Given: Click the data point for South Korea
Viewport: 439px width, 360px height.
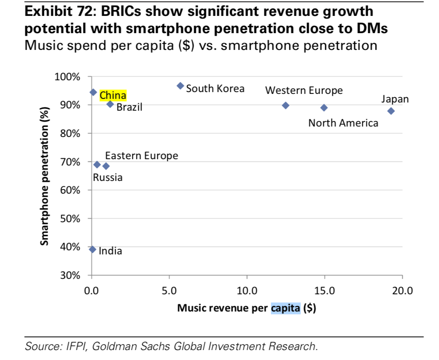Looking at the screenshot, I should (x=180, y=86).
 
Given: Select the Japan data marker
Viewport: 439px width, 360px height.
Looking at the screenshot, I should (x=391, y=111).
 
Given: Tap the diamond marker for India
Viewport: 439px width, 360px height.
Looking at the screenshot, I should (x=93, y=249).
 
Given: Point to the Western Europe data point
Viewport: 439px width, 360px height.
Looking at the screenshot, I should (x=285, y=105).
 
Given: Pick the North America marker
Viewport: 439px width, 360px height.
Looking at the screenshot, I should (x=324, y=107).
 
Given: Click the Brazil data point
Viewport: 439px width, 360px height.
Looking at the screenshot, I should (x=110, y=104).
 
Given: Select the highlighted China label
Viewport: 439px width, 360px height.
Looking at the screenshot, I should (x=113, y=95).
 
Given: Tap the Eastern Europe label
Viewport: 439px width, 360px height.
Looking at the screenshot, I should (x=141, y=156).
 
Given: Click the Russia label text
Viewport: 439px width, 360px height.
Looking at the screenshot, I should (x=107, y=177).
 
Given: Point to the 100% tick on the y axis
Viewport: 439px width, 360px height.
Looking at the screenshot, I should (x=68, y=77).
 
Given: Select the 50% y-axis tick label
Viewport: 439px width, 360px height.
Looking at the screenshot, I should (x=70, y=219).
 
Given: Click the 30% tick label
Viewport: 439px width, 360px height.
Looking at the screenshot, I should (x=70, y=275).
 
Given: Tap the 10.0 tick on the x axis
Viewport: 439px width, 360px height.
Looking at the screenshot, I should (x=247, y=291).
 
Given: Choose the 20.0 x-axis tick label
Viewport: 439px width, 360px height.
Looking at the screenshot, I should (x=402, y=291).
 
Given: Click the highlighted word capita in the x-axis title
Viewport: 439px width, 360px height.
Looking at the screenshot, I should (x=286, y=309).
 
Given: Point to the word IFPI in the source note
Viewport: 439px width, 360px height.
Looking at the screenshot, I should (x=80, y=347).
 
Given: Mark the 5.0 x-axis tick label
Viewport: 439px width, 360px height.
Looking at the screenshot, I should (x=169, y=291).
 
